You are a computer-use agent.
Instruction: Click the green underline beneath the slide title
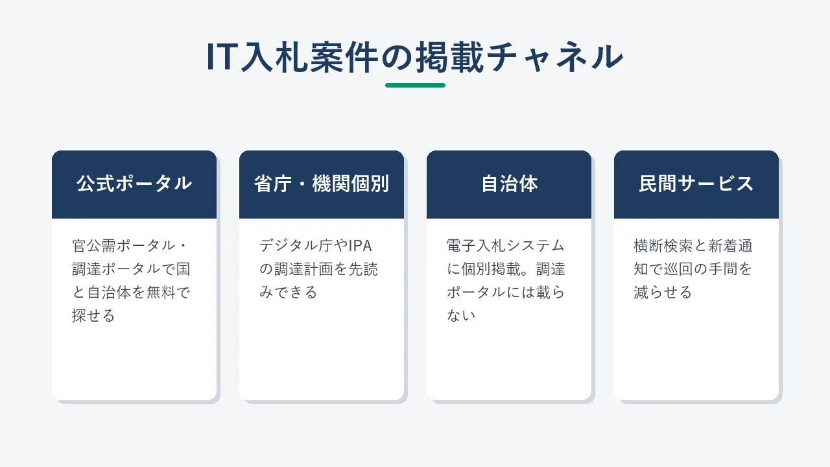(x=415, y=85)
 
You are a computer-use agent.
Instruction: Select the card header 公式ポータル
(x=134, y=184)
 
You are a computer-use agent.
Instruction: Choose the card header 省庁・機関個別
(x=322, y=184)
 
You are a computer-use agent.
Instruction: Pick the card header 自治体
(x=509, y=184)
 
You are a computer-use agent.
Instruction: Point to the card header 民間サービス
(x=696, y=184)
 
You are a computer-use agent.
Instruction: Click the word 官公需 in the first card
(x=94, y=246)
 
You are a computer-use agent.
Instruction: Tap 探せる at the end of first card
(x=93, y=316)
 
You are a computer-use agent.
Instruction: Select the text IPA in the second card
(x=360, y=246)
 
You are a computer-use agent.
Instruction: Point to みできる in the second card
(x=289, y=293)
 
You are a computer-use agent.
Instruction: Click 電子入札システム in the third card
(x=505, y=246)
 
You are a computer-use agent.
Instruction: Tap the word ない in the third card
(x=461, y=316)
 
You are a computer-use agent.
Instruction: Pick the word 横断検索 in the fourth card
(x=663, y=246)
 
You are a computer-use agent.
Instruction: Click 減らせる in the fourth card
(x=663, y=293)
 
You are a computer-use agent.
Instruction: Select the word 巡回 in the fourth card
(x=678, y=269)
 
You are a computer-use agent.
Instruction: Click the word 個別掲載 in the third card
(x=491, y=269)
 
